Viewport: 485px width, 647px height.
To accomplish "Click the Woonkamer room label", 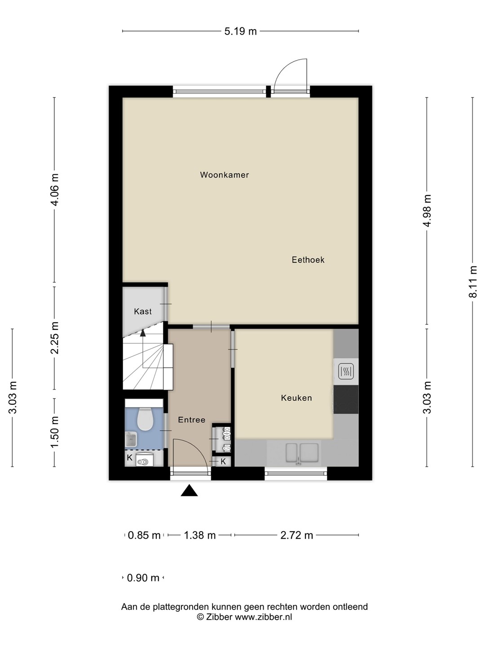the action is coord(225,175).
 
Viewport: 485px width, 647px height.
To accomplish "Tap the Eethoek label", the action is coord(308,260).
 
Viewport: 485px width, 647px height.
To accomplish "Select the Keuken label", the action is coord(296,398).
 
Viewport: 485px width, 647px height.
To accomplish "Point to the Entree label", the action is coord(191,420).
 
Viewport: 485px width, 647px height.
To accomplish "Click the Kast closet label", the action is coord(142,311).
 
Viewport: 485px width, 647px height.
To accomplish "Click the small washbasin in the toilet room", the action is coord(131,439).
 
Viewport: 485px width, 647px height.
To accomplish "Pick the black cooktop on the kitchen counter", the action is coord(346,399).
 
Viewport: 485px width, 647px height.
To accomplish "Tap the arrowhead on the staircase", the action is coord(143,333).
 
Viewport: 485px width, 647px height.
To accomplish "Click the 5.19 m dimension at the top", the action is coord(241,31).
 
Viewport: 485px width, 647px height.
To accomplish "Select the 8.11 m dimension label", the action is coord(472,282).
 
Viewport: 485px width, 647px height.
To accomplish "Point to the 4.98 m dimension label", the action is coord(427,211).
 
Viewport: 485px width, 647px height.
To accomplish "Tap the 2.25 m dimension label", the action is coord(54,338).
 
